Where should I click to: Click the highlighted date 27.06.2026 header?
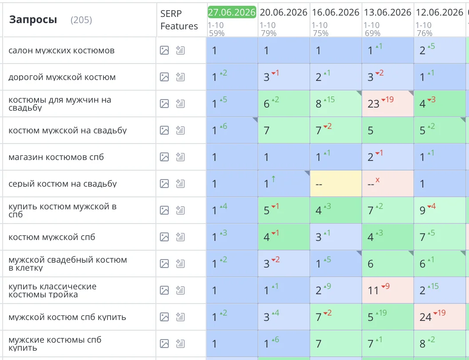232,12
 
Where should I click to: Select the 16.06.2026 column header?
336,12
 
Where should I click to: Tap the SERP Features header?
179,20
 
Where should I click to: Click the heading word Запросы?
33,20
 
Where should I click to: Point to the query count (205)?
81,20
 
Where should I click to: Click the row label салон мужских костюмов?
61,50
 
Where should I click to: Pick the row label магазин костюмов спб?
56,157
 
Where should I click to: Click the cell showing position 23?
388,104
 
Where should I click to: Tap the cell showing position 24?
440,317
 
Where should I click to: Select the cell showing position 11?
388,290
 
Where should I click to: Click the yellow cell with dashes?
336,184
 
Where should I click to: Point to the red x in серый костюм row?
378,180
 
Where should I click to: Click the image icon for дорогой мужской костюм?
164,77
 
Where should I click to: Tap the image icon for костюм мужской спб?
164,237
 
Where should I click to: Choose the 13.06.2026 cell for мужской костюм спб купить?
388,317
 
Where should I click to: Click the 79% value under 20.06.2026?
268,33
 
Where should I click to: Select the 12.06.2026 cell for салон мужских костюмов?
440,50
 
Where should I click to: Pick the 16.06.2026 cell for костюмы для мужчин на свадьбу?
336,104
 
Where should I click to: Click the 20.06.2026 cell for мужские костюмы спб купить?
283,344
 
